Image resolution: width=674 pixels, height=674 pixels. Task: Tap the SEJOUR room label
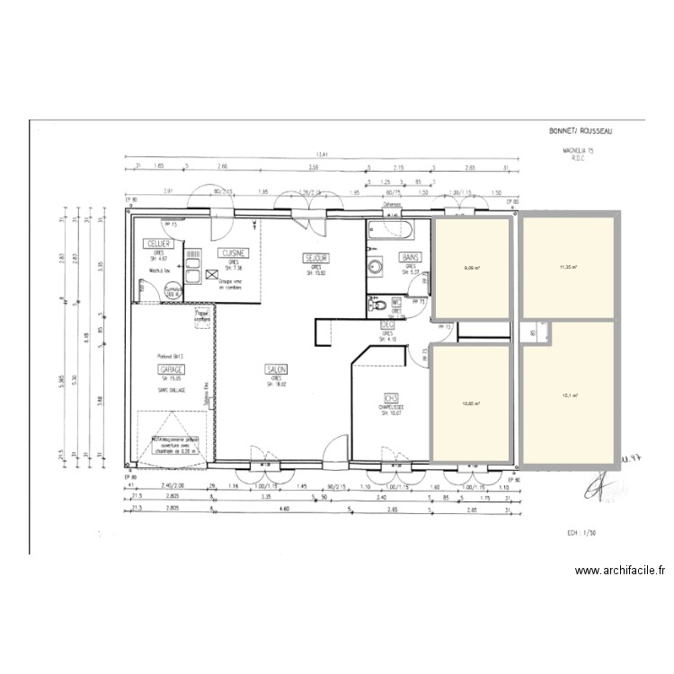click(x=316, y=258)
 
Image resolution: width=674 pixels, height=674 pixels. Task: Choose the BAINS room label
click(x=410, y=257)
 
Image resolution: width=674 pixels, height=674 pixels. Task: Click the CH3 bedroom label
click(x=391, y=397)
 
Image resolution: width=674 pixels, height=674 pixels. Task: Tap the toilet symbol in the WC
click(x=377, y=303)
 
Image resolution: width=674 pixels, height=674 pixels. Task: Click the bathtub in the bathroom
click(x=390, y=231)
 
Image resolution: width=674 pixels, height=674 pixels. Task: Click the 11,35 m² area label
click(x=568, y=267)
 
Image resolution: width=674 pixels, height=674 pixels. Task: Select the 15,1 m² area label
click(x=569, y=395)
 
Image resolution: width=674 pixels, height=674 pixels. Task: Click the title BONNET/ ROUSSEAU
click(x=581, y=131)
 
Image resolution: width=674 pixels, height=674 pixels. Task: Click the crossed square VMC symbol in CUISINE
click(x=212, y=276)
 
